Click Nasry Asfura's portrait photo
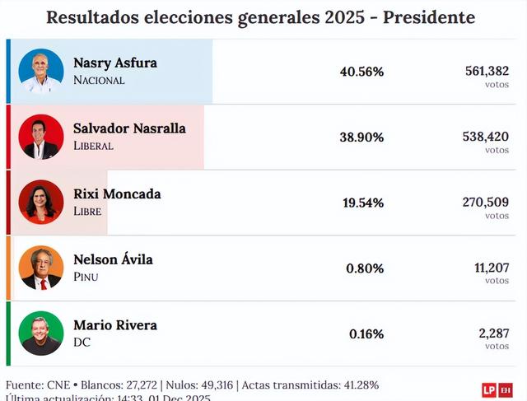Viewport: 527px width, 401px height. (41, 72)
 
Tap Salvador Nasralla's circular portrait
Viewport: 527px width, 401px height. (41, 137)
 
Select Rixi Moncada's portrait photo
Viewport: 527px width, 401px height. (41, 203)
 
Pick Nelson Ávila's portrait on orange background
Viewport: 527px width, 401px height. (41, 268)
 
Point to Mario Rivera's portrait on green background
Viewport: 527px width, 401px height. (41, 333)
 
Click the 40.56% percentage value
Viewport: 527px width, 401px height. (361, 72)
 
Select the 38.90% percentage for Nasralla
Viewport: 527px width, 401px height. (361, 137)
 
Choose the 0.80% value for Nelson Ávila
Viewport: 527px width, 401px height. (366, 268)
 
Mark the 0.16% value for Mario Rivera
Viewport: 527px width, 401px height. (366, 333)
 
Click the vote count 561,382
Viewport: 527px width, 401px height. (487, 71)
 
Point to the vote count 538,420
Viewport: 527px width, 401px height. (486, 136)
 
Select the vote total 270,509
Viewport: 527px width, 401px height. (487, 202)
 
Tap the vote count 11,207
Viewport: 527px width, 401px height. (492, 267)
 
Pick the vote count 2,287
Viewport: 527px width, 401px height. (494, 333)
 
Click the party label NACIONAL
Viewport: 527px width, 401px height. (99, 81)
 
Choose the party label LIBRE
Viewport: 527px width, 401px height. (87, 212)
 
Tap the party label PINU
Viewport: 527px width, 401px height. (86, 277)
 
